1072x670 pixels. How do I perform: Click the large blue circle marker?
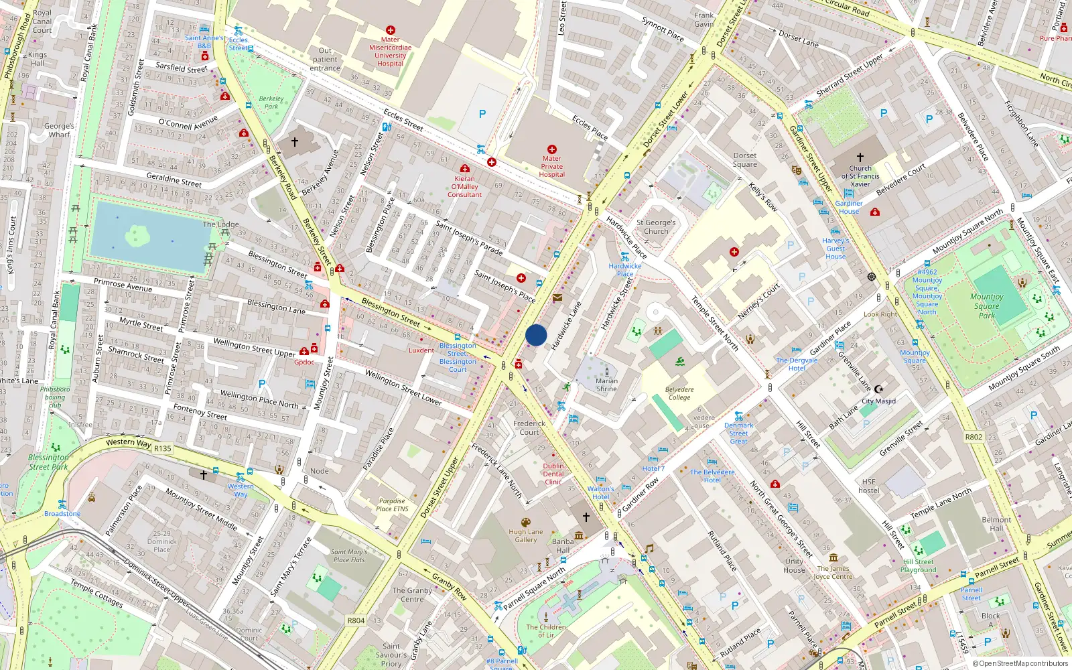pyautogui.click(x=536, y=335)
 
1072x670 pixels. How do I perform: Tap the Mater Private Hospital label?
pyautogui.click(x=552, y=167)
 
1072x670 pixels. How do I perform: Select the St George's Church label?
pyautogui.click(x=656, y=227)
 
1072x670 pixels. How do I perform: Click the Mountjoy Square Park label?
pyautogui.click(x=986, y=306)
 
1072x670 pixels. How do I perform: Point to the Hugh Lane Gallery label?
pyautogui.click(x=526, y=536)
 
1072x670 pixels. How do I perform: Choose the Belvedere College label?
pyautogui.click(x=679, y=393)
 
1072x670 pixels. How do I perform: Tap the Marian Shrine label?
pyautogui.click(x=606, y=385)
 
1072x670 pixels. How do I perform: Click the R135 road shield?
pyautogui.click(x=163, y=449)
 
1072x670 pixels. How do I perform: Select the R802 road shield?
pyautogui.click(x=974, y=437)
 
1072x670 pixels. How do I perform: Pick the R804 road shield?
pyautogui.click(x=356, y=620)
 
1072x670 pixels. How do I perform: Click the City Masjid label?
pyautogui.click(x=878, y=401)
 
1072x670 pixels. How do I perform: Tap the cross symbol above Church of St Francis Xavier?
pyautogui.click(x=860, y=157)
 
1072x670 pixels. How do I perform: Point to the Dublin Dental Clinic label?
pyautogui.click(x=553, y=474)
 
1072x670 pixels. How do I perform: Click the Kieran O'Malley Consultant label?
pyautogui.click(x=464, y=187)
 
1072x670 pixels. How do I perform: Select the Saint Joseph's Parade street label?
pyautogui.click(x=469, y=238)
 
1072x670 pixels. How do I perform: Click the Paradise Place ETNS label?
pyautogui.click(x=392, y=505)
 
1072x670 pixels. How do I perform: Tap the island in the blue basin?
pyautogui.click(x=137, y=235)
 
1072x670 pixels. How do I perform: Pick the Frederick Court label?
pyautogui.click(x=529, y=427)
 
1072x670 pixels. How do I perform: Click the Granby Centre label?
pyautogui.click(x=412, y=595)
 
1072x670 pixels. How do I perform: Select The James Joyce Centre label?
pyautogui.click(x=833, y=572)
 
